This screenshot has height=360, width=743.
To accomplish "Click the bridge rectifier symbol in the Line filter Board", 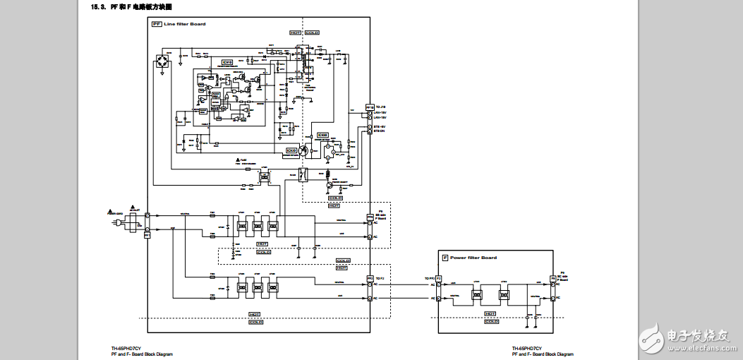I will pyautogui.click(x=164, y=64).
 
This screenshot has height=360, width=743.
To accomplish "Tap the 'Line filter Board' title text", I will pyautogui.click(x=184, y=24).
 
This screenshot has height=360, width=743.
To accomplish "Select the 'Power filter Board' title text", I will pyautogui.click(x=473, y=258).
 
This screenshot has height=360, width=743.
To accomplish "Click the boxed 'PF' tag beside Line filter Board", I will pyautogui.click(x=157, y=24).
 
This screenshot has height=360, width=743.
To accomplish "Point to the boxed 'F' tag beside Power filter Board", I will pyautogui.click(x=445, y=258).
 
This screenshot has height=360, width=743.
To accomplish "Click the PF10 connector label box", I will pyautogui.click(x=369, y=107).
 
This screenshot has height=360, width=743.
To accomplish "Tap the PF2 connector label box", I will pyautogui.click(x=369, y=279).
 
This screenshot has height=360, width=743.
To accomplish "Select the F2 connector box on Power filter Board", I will pyautogui.click(x=438, y=279).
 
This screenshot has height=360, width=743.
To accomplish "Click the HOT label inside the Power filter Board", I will pyautogui.click(x=490, y=313).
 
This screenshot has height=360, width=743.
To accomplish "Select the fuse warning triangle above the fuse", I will pyautogui.click(x=238, y=160).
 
